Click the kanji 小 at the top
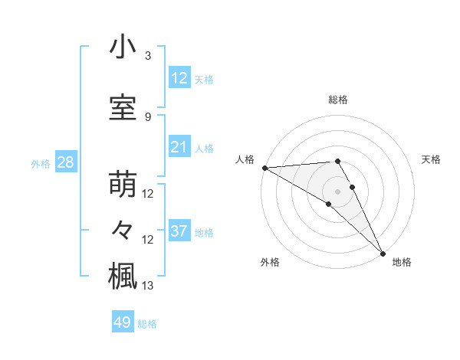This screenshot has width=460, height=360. point(123,48)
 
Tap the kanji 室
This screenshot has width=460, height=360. point(123,107)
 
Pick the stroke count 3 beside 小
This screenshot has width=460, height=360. point(148,56)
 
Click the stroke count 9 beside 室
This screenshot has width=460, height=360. point(148,116)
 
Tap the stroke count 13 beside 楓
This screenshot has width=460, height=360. point(149,286)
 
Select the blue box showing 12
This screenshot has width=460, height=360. point(179,78)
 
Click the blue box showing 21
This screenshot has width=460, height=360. point(179,147)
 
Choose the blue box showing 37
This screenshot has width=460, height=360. point(179,231)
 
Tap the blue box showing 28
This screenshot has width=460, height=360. point(64,162)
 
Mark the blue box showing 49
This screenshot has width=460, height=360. point(123,322)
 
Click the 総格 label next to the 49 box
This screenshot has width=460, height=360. point(147,324)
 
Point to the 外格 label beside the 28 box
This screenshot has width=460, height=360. point(41,163)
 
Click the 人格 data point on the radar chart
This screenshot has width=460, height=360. point(264,168)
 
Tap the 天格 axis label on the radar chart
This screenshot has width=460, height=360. point(431,159)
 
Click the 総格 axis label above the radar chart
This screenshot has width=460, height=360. point(337,100)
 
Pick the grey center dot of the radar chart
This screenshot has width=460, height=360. point(337,191)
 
